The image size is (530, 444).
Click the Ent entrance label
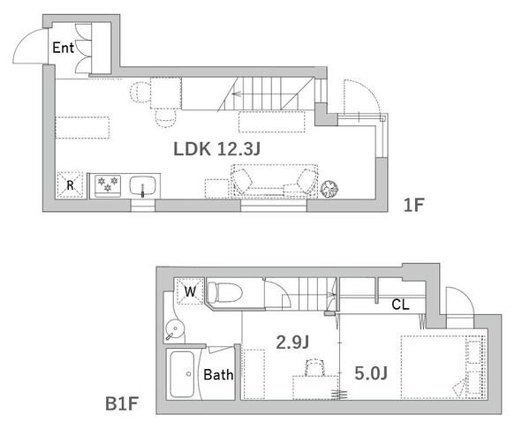[64, 48]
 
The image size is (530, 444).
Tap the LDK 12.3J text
[216, 149]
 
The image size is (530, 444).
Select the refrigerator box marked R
[70, 184]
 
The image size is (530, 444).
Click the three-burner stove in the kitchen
[108, 185]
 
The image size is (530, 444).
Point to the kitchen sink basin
[142, 186]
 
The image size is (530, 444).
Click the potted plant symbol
[329, 189]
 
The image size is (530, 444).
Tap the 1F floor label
[413, 205]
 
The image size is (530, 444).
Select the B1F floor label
[122, 403]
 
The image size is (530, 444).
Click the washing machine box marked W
[190, 291]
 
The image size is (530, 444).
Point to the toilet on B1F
[224, 292]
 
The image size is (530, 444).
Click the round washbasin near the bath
[175, 328]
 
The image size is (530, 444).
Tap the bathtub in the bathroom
[182, 374]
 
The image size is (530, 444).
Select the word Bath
[218, 375]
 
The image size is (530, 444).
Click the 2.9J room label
[292, 342]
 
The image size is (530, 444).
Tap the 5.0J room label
[371, 373]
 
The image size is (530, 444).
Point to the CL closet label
[400, 305]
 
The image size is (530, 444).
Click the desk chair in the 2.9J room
[314, 367]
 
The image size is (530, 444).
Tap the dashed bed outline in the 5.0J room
[443, 367]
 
